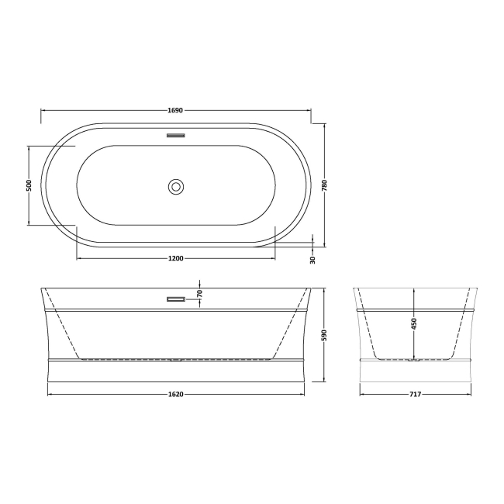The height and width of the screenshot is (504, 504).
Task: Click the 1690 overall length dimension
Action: pyautogui.click(x=175, y=109)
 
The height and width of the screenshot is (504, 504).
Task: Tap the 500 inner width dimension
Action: pyautogui.click(x=29, y=185)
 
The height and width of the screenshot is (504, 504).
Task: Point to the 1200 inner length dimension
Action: pyautogui.click(x=175, y=258)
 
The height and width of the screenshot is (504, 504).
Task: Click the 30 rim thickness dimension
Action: pyautogui.click(x=312, y=259)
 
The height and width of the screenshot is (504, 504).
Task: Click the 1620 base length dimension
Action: pyautogui.click(x=175, y=394)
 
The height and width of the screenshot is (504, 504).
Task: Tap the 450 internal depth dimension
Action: pyautogui.click(x=414, y=323)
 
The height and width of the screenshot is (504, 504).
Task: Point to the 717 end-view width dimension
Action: pyautogui.click(x=415, y=394)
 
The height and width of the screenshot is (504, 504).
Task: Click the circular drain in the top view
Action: pyautogui.click(x=176, y=186)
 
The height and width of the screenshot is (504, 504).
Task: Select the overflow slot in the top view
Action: pyautogui.click(x=176, y=135)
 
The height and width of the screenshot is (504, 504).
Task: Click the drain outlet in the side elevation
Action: pyautogui.click(x=176, y=360)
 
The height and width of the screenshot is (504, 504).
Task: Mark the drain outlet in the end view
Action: pyautogui.click(x=415, y=360)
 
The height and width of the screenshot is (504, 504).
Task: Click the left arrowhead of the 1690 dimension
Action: pyautogui.click(x=43, y=109)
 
